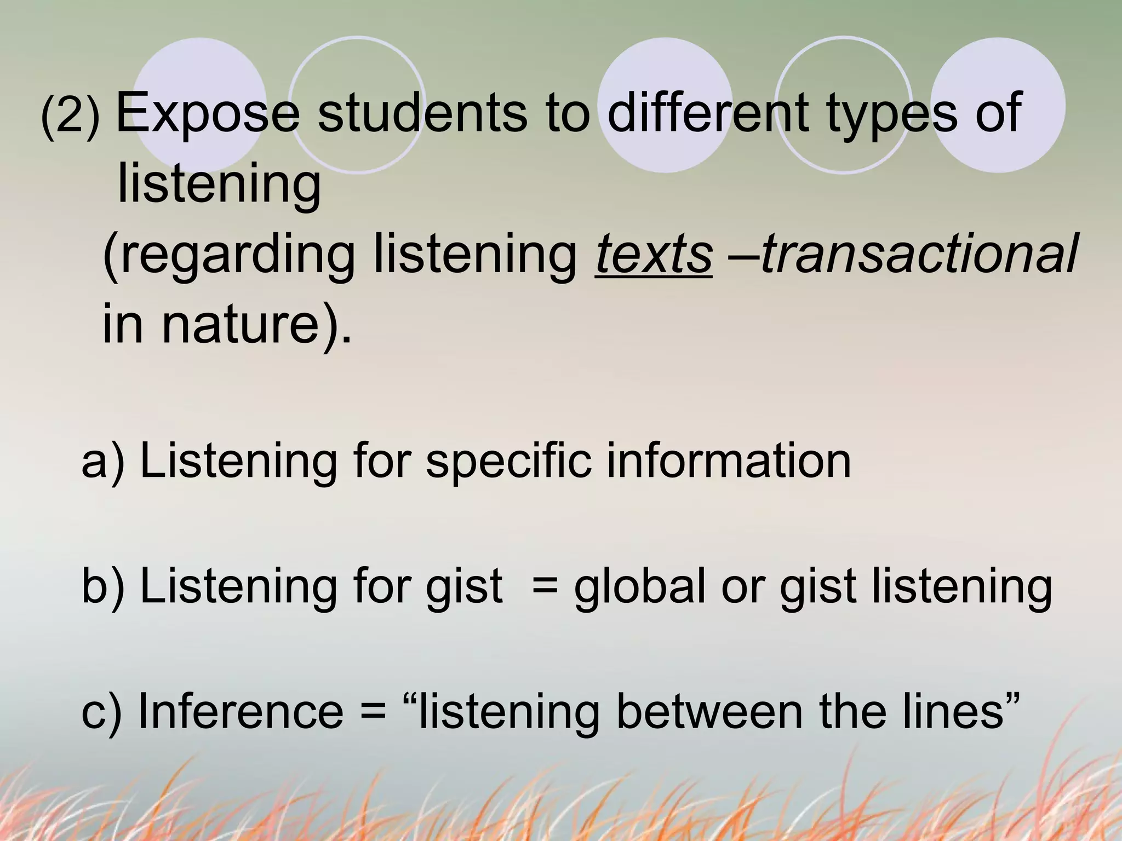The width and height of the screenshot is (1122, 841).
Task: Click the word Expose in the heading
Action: (x=208, y=113)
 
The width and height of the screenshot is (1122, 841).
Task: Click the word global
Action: (x=640, y=586)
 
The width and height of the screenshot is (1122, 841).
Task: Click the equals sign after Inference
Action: (x=373, y=712)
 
